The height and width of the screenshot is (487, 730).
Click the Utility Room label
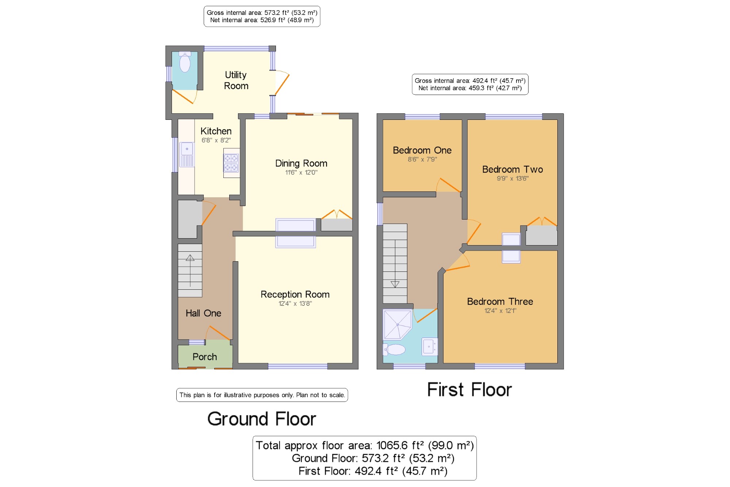click(x=236, y=80)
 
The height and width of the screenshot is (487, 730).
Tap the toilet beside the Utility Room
click(x=185, y=62)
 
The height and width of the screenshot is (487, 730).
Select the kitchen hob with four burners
click(x=231, y=163)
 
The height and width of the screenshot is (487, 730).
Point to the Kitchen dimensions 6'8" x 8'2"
click(x=216, y=140)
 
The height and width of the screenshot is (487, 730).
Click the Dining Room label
click(x=301, y=163)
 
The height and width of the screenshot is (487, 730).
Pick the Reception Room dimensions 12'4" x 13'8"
click(x=295, y=304)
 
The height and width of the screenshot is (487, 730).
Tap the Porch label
click(x=205, y=357)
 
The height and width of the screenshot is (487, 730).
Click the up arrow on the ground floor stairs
click(x=190, y=271)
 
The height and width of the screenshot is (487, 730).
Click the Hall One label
click(x=203, y=313)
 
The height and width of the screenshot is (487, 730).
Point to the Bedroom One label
click(x=422, y=150)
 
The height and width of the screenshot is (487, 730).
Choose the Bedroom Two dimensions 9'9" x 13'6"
click(x=512, y=179)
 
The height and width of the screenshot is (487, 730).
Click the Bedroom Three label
click(x=500, y=301)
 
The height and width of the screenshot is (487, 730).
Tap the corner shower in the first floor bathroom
click(x=397, y=325)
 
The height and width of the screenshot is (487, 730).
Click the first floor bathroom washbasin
click(x=430, y=346)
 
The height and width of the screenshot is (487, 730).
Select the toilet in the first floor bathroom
click(x=394, y=350)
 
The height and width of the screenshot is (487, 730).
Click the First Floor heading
click(x=469, y=389)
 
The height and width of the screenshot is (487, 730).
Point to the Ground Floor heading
click(x=262, y=419)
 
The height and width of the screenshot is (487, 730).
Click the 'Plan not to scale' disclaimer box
click(x=262, y=395)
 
